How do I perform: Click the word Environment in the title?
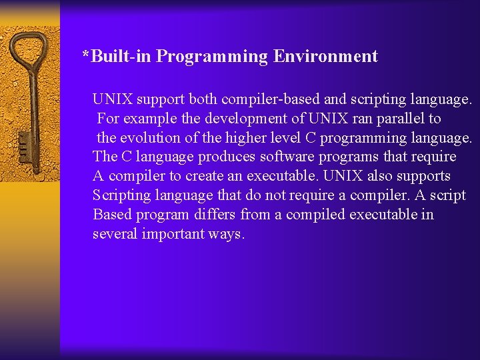click(x=325, y=57)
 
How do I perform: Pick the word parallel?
click(x=397, y=119)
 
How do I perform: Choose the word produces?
click(x=224, y=157)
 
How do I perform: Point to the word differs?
click(x=215, y=215)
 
